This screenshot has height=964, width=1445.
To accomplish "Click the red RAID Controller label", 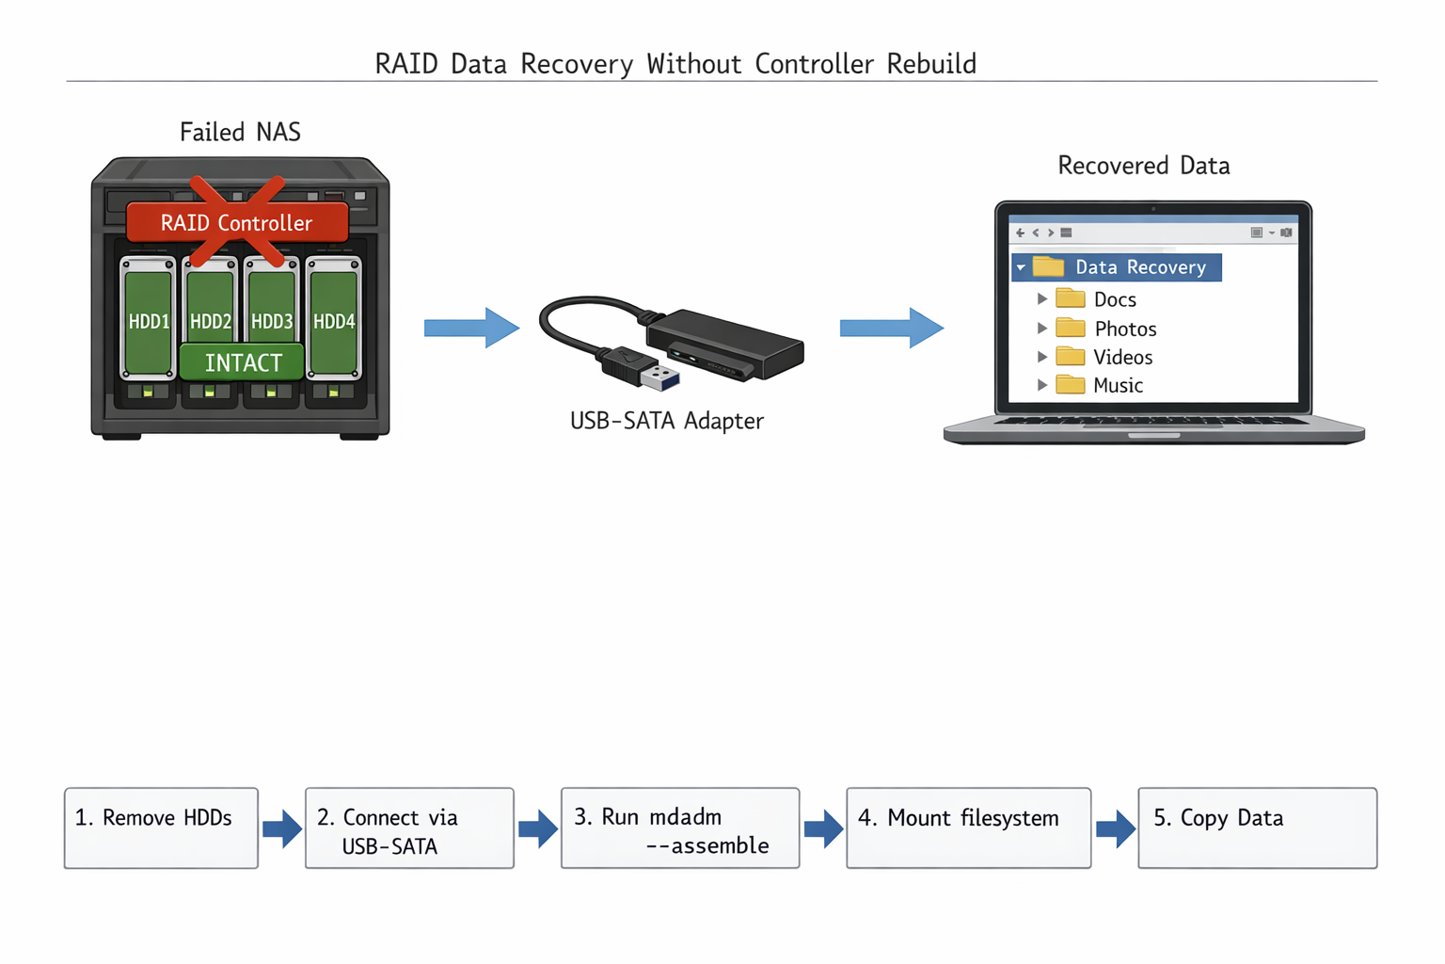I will pos(237,223).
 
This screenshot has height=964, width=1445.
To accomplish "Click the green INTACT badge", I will pos(243,362).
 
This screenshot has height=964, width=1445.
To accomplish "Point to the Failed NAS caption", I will pos(240,132).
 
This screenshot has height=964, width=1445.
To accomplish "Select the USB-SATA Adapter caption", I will pos(666,421).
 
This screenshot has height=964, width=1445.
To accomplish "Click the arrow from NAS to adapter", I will pos(471,328).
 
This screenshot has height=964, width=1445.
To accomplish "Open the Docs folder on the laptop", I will pos(1114,299).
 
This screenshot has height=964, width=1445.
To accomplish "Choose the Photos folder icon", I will pos(1071,328).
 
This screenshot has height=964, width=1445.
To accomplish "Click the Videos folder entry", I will pos(1121,357).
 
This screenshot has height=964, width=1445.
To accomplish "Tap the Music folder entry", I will pos(1117,385).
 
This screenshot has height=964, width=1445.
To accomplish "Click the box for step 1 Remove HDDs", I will pos(161,827).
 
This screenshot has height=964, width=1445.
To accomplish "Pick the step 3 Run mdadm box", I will pos(679,827).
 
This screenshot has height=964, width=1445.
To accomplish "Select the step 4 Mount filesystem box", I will pos(968,827).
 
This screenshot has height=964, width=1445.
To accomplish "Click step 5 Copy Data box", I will pos(1257,827).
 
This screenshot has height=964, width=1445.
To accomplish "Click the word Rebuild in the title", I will pos(931,64).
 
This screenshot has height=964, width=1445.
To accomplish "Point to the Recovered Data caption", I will pos(1143,166).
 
